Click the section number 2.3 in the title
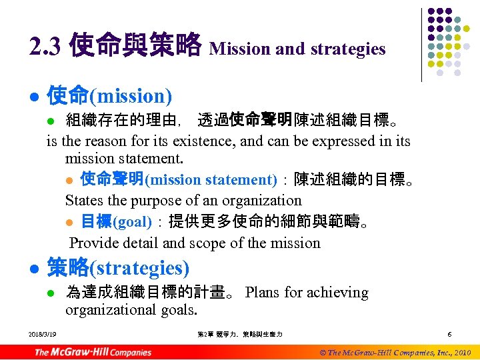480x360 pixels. coord(45,47)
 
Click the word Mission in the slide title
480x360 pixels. coord(237,49)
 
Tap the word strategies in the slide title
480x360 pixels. coord(348,49)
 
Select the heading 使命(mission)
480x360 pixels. coord(109,97)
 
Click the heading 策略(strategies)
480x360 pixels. coord(118,268)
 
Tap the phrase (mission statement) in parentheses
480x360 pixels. coord(211,179)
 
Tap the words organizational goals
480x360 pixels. coord(131,310)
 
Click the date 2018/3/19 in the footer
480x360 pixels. coord(43,334)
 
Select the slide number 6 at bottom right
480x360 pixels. coord(450,334)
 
